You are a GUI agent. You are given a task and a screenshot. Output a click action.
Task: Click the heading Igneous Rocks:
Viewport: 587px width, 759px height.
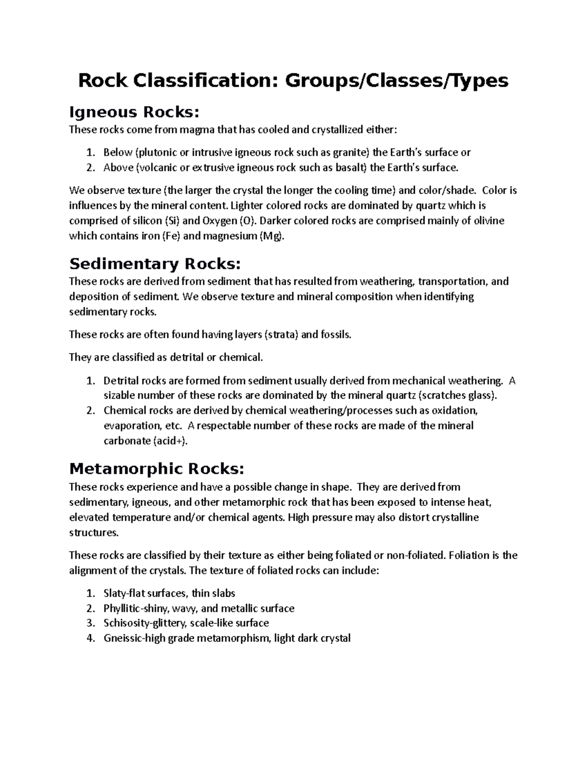[x=135, y=112]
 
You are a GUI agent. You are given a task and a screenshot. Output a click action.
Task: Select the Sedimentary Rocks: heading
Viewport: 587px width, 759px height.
[x=155, y=264]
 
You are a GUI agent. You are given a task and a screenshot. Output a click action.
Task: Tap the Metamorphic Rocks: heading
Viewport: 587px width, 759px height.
[x=157, y=469]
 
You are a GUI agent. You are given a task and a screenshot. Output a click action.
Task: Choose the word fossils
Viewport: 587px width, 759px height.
[x=335, y=335]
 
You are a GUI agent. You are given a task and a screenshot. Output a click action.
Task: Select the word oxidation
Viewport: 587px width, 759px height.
[x=451, y=411]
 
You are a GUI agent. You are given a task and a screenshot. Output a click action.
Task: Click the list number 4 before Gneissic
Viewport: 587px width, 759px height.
[x=90, y=638]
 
